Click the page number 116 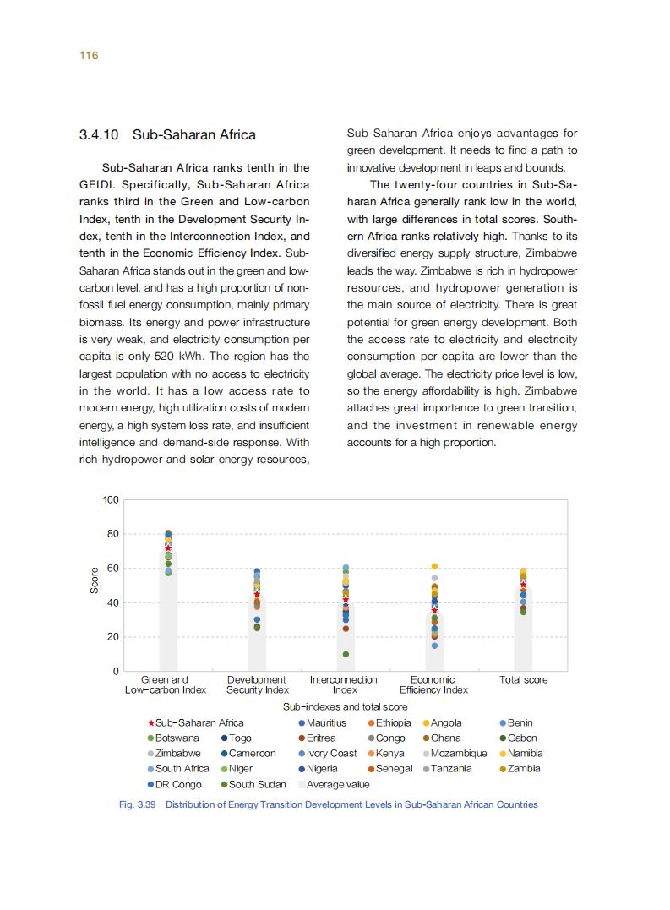point(89,56)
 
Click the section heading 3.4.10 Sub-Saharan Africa point(167,135)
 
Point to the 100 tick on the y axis point(111,499)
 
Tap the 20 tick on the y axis point(113,637)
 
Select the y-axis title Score point(95,580)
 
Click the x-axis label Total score point(523,680)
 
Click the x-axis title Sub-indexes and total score point(345,706)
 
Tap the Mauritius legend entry point(326,722)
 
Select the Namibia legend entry point(525,753)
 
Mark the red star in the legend point(150,723)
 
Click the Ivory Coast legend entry point(331,753)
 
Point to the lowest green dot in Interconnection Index point(346,654)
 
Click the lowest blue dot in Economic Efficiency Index point(434,646)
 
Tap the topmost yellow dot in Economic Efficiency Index point(434,566)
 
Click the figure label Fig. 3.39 point(138,804)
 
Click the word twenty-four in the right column point(417,184)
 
